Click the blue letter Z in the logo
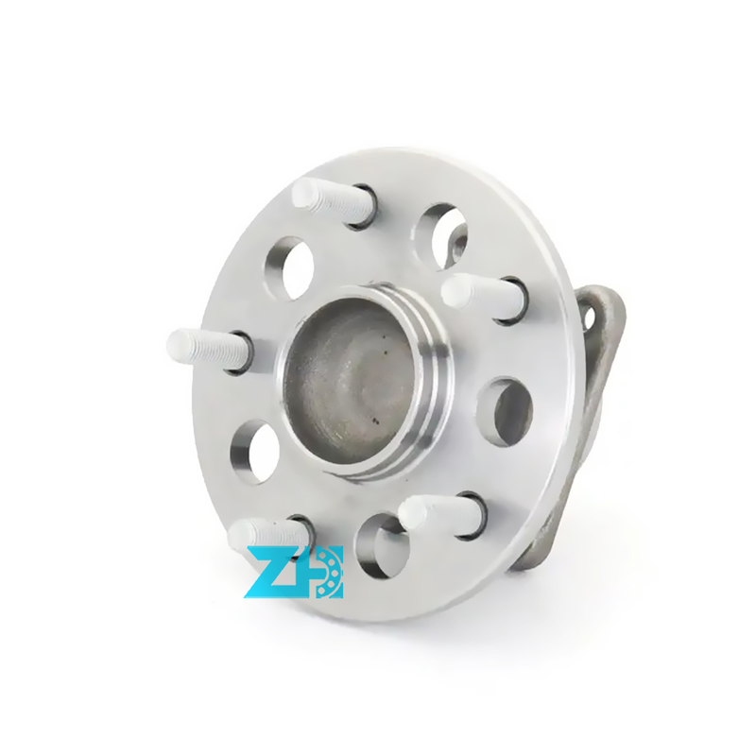click(x=267, y=572)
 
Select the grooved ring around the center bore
click(x=430, y=378)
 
